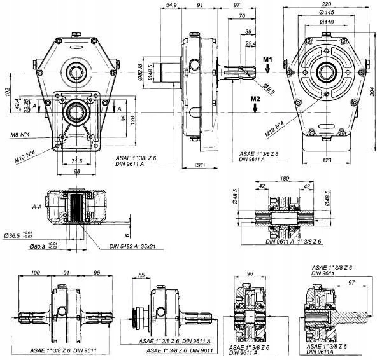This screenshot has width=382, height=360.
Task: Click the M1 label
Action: pyautogui.click(x=268, y=59)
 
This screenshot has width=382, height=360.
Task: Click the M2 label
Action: pyautogui.click(x=255, y=99)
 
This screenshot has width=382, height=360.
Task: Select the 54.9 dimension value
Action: pyautogui.click(x=170, y=5)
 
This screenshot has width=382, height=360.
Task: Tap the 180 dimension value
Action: pyautogui.click(x=285, y=179)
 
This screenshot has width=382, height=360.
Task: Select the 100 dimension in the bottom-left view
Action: pyautogui.click(x=35, y=272)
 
